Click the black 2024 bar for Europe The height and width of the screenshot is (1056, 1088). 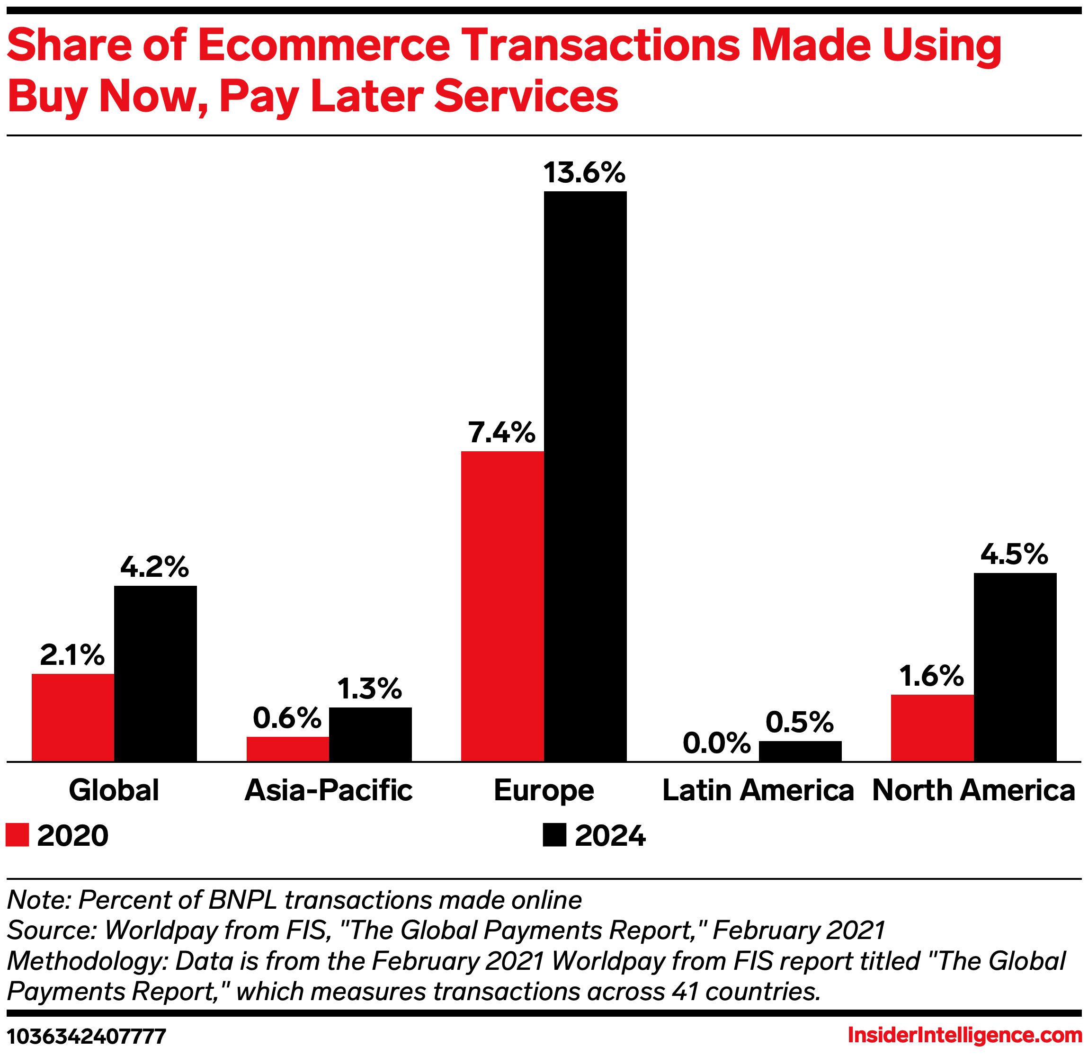point(585,476)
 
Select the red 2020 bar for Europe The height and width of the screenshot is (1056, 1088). point(502,606)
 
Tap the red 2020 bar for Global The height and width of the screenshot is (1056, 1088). point(73,717)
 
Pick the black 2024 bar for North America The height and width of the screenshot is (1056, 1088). point(1015,667)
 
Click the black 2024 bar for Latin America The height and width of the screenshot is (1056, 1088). point(800,751)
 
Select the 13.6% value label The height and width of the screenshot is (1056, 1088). point(585,173)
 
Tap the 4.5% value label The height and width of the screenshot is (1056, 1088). point(1014,554)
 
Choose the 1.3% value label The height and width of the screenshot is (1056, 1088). point(370,689)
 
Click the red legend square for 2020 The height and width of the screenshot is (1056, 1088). point(17,835)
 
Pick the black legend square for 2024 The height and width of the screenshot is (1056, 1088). point(554,835)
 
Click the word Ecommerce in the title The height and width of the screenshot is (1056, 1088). point(324,45)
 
